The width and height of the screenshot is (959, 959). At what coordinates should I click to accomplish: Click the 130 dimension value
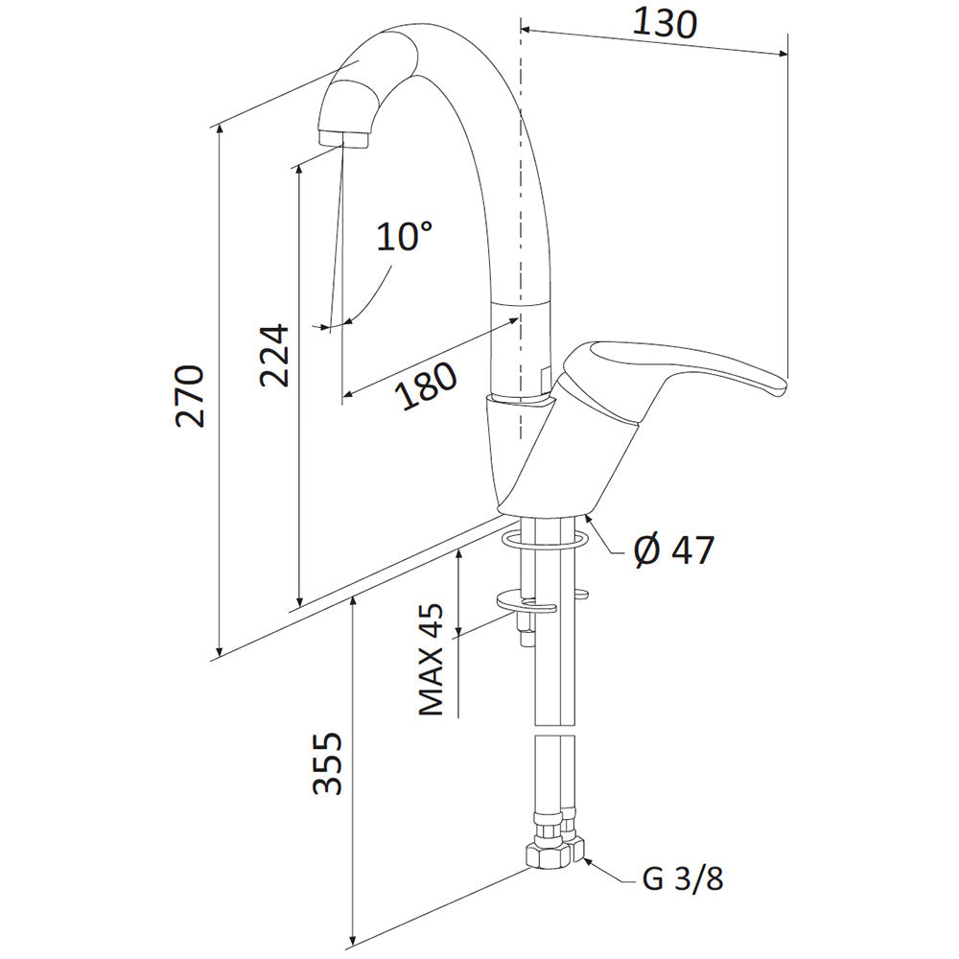(x=665, y=23)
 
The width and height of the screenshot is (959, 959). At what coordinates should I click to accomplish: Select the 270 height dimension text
(x=189, y=396)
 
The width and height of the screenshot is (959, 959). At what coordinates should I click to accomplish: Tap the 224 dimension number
(x=273, y=355)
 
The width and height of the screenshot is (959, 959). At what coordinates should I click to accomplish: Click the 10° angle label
(x=404, y=236)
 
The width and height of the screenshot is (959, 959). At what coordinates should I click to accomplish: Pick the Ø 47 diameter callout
(x=673, y=550)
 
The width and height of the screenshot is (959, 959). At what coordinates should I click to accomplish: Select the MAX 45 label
(x=432, y=659)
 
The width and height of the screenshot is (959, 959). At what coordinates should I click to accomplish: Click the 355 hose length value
(x=327, y=762)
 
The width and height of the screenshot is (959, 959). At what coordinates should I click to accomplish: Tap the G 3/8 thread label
(x=683, y=879)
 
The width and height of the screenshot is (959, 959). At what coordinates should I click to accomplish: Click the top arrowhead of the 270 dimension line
(x=219, y=129)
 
